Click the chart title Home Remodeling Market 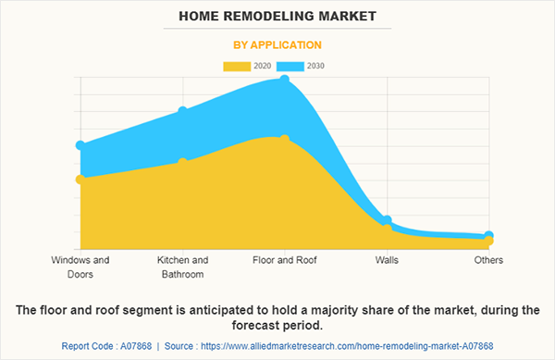point(277,16)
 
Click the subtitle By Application point(277,43)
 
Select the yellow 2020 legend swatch point(237,66)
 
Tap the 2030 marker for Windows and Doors point(80,145)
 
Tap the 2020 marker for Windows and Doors point(80,179)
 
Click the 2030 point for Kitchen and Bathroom point(183,111)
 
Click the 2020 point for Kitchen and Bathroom point(183,162)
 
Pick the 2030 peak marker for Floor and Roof point(285,80)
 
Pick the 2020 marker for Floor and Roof point(285,140)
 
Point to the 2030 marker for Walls point(387,220)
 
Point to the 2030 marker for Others point(488,236)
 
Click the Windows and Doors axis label point(80,267)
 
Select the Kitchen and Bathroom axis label point(183,267)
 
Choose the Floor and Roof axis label point(285,260)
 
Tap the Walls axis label point(387,260)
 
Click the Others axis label point(488,260)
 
